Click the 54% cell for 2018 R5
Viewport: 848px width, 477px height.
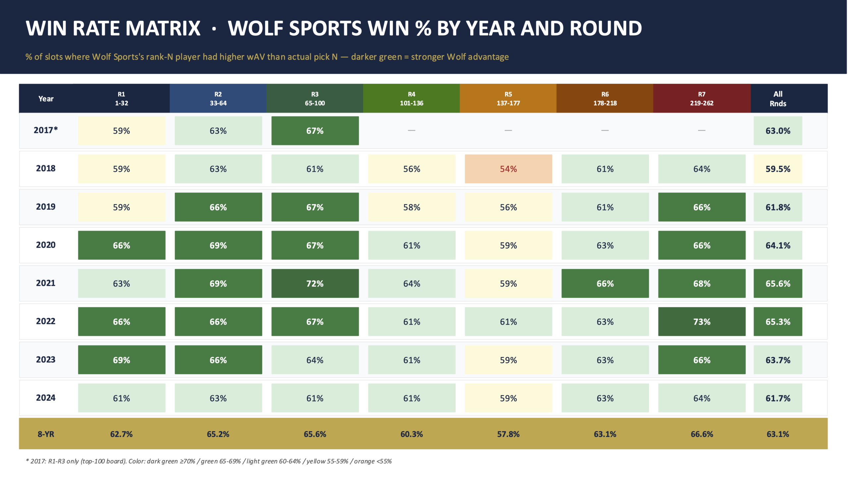click(508, 169)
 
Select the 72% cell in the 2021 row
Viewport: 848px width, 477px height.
click(315, 284)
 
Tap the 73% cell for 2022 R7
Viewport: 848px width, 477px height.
click(702, 322)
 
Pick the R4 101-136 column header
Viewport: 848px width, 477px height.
click(411, 99)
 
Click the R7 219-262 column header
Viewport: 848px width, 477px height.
click(702, 99)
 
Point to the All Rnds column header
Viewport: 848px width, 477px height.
click(778, 99)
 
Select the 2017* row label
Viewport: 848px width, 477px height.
click(46, 130)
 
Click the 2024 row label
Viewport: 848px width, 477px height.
click(46, 398)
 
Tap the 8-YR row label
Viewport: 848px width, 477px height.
click(46, 434)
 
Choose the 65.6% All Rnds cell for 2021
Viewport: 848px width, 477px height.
click(778, 284)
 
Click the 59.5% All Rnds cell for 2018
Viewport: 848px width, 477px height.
click(778, 169)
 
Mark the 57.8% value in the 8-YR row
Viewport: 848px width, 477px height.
click(508, 434)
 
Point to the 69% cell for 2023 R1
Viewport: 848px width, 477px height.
click(122, 360)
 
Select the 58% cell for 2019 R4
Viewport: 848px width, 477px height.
click(411, 207)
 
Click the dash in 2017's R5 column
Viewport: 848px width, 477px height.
click(508, 131)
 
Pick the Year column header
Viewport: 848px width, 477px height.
click(46, 99)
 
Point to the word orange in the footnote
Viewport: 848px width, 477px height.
click(364, 461)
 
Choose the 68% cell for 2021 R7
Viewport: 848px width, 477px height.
click(702, 284)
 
